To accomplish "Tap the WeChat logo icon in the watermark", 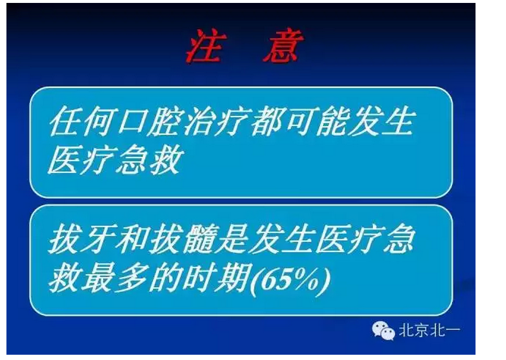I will coord(384,331).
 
